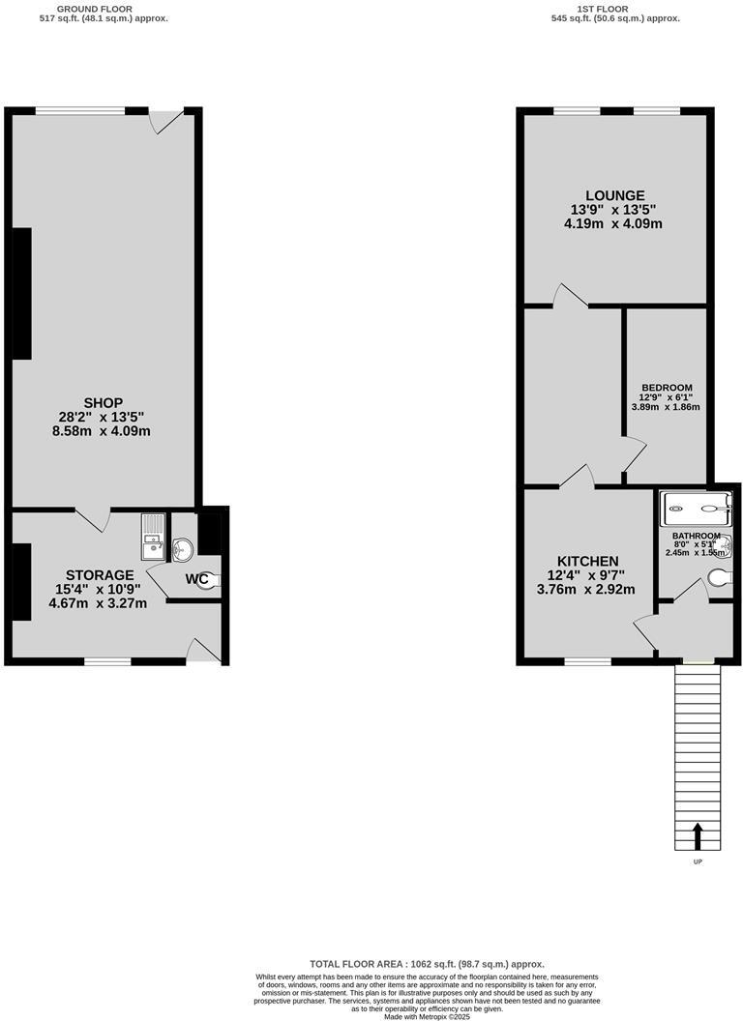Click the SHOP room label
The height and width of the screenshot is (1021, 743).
[x=103, y=402]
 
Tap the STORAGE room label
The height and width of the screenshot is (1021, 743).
[x=100, y=575]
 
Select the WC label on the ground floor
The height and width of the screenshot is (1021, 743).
[x=197, y=579]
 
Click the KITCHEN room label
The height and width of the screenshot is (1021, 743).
[x=587, y=561]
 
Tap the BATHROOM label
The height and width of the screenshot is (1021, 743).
[x=696, y=536]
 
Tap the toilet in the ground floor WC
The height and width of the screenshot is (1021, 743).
[x=206, y=580]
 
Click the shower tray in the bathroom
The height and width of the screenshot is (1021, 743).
[x=696, y=509]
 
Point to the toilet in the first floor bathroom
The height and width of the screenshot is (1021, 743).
[x=721, y=577]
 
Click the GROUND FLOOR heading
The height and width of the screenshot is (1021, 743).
[x=95, y=8]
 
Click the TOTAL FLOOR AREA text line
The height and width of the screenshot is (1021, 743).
[x=427, y=964]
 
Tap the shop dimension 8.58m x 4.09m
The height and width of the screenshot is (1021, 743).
[x=102, y=431]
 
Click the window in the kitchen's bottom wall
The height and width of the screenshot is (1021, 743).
[x=587, y=662]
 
